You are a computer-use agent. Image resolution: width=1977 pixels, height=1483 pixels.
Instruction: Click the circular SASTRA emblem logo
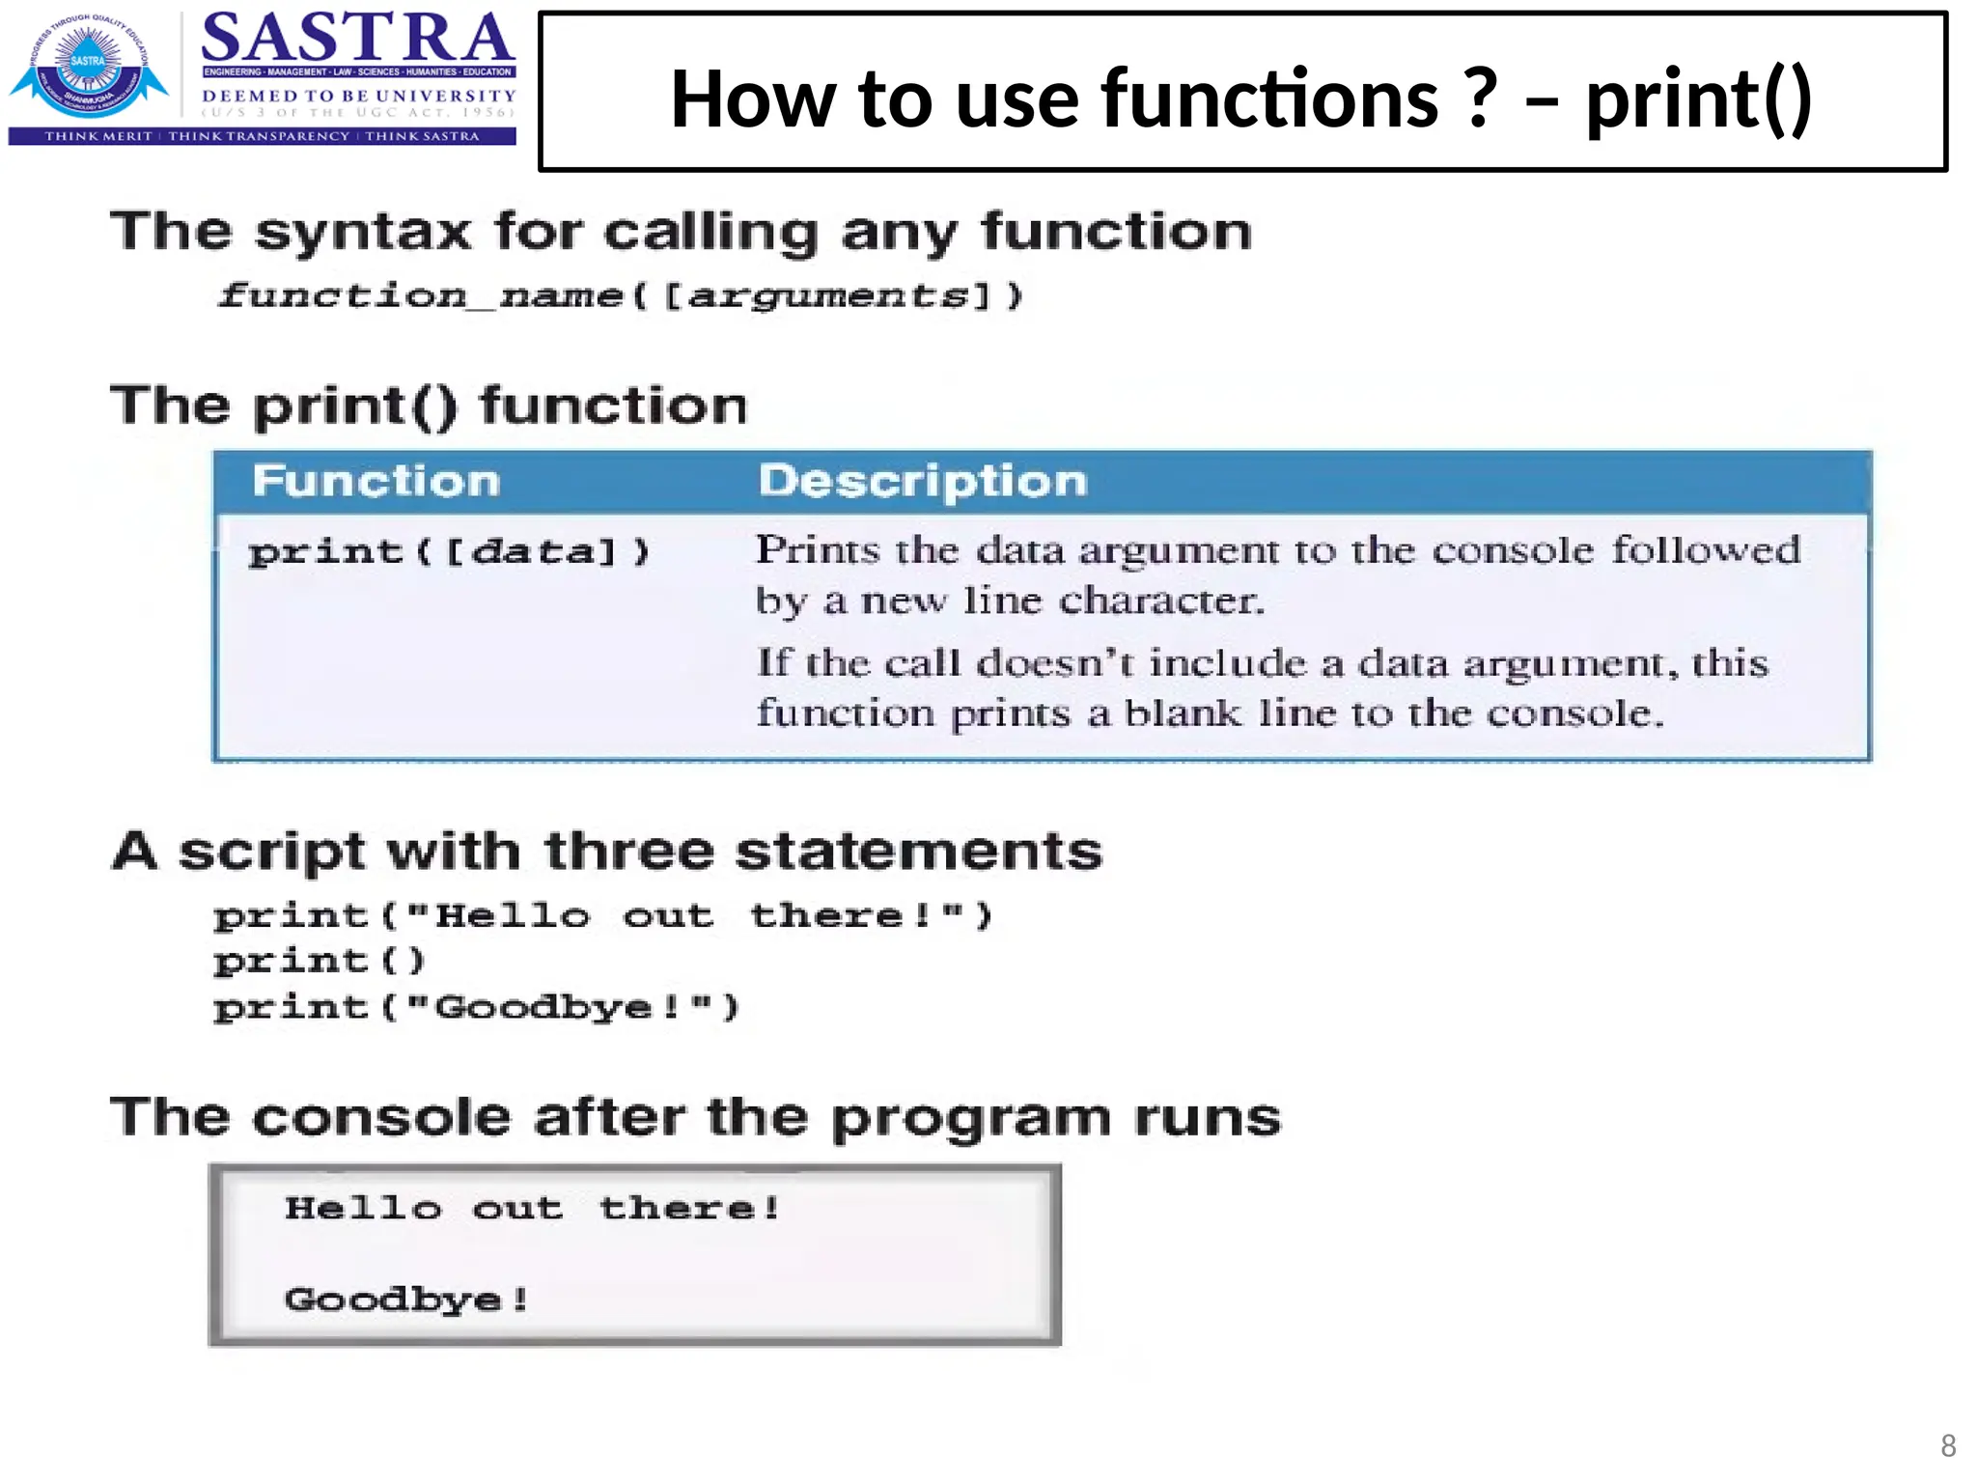pyautogui.click(x=88, y=66)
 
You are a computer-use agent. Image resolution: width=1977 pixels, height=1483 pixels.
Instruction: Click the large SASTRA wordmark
pyautogui.click(x=357, y=39)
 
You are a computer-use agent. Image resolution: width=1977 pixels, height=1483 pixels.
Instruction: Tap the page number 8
pyautogui.click(x=1948, y=1445)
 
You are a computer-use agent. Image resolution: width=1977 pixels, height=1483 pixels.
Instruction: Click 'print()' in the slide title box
pyautogui.click(x=1699, y=98)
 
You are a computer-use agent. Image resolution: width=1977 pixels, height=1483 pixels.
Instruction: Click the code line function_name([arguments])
pyautogui.click(x=620, y=294)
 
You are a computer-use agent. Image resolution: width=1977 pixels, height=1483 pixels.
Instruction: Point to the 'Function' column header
pyautogui.click(x=376, y=481)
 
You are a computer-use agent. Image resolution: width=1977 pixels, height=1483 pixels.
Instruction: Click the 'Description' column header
pyautogui.click(x=922, y=481)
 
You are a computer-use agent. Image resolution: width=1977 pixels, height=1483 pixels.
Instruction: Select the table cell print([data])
pyautogui.click(x=449, y=551)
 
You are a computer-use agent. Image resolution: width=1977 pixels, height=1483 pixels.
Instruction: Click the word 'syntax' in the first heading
pyautogui.click(x=363, y=232)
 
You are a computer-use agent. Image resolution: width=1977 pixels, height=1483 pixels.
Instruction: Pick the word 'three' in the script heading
pyautogui.click(x=627, y=852)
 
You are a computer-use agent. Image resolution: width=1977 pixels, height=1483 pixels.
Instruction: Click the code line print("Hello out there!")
pyautogui.click(x=602, y=914)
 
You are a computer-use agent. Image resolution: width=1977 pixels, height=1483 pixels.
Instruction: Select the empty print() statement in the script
pyautogui.click(x=319, y=961)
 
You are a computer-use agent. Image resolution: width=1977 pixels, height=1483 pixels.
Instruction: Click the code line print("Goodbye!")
pyautogui.click(x=476, y=1007)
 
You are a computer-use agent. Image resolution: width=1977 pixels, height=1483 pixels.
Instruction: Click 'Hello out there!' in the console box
pyautogui.click(x=532, y=1208)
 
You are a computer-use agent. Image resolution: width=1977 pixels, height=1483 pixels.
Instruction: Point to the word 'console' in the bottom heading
pyautogui.click(x=381, y=1118)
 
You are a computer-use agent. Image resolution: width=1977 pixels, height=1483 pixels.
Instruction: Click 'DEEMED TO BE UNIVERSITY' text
pyautogui.click(x=358, y=96)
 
